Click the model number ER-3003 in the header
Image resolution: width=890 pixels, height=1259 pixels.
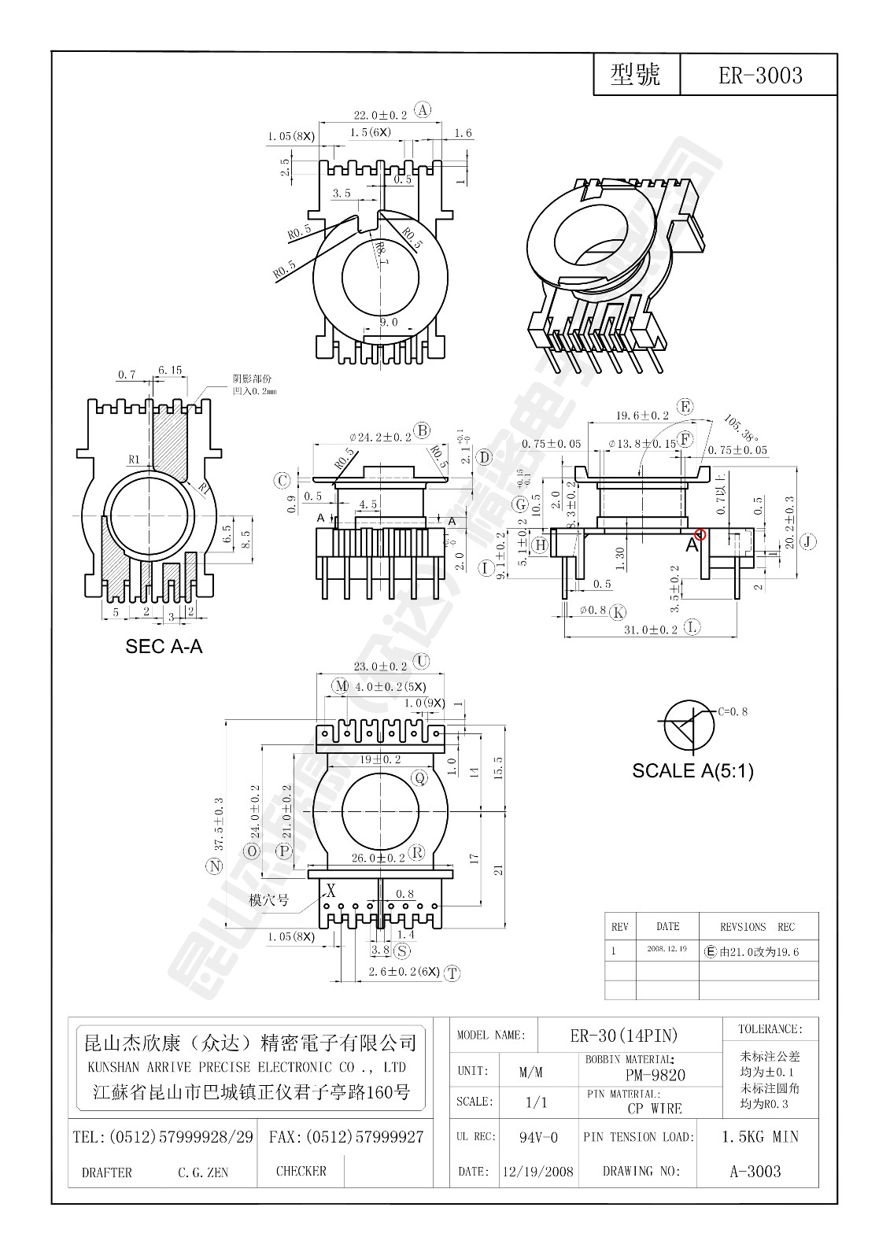759,76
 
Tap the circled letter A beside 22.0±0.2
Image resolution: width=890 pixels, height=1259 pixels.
423,110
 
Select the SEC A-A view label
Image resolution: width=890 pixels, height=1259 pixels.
164,646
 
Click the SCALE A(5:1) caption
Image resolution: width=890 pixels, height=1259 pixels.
692,770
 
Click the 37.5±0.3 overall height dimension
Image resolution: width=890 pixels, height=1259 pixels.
219,823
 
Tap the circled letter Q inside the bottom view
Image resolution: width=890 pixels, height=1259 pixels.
420,778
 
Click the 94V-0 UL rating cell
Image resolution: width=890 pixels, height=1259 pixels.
538,1137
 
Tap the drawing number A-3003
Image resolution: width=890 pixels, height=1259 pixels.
755,1171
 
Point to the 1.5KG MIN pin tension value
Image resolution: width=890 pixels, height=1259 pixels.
759,1136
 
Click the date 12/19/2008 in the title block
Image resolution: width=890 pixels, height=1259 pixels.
538,1172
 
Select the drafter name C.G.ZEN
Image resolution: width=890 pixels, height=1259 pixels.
203,1172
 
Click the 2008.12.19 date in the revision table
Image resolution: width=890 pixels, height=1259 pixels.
667,949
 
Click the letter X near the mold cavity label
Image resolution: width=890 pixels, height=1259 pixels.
331,892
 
